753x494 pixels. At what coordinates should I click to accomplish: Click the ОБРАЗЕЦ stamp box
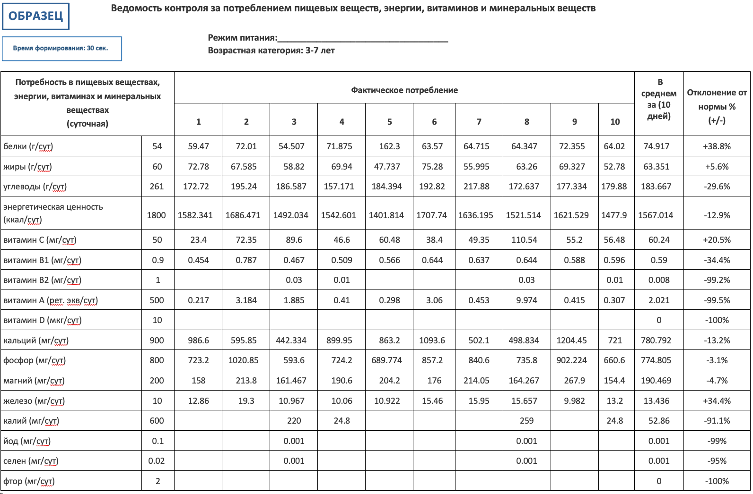35,17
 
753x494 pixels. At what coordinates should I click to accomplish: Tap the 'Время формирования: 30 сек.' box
61,49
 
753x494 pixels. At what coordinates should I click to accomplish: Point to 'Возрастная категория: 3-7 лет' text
271,51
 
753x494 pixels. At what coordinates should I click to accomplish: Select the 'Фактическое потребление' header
404,90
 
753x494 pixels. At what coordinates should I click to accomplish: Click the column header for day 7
479,122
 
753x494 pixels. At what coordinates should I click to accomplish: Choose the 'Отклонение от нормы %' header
717,106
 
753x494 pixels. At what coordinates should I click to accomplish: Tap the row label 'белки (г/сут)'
28,146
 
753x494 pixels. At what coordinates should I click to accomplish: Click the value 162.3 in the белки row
389,146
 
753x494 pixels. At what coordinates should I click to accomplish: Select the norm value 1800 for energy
157,215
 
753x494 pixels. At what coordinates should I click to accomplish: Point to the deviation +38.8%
717,146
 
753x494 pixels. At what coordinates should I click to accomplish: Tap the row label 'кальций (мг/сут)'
36,341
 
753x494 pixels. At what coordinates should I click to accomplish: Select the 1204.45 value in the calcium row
571,341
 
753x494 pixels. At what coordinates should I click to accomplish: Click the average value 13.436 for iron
657,401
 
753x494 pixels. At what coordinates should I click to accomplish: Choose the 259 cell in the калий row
526,421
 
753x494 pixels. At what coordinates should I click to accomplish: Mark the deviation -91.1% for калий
717,421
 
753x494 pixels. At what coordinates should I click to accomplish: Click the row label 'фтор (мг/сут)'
29,481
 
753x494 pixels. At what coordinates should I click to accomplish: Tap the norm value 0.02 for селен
157,461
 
